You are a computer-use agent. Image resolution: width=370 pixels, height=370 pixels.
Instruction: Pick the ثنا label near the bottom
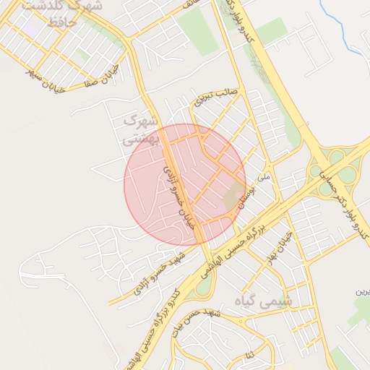pos(250,356)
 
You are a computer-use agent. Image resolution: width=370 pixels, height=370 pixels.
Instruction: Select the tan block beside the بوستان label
pos(233,197)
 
